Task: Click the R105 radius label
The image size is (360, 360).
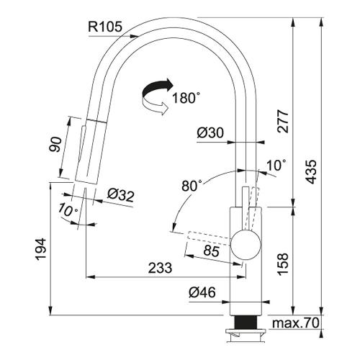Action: (105, 27)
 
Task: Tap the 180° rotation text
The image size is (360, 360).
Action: (186, 98)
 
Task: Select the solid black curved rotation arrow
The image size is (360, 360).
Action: (157, 89)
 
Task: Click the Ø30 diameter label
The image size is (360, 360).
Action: (210, 132)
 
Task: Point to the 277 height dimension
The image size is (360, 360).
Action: (283, 121)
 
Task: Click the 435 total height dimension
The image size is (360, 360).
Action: (312, 172)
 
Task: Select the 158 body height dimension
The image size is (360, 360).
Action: (283, 264)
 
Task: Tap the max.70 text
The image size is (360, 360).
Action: (296, 323)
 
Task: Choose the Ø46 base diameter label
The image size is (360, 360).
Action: (202, 292)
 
